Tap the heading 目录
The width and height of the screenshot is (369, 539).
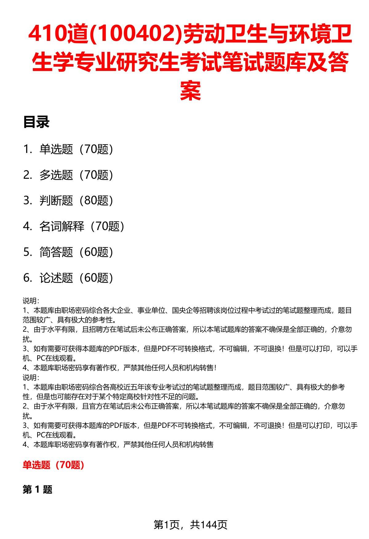36,122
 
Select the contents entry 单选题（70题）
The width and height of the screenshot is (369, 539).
76,149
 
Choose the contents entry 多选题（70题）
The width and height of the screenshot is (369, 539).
76,175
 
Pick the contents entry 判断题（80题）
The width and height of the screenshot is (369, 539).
76,201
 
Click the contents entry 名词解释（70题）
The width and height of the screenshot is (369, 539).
82,226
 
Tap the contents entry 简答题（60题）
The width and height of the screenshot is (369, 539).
76,252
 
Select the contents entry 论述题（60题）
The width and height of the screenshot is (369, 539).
76,278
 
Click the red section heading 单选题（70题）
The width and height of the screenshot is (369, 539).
54,465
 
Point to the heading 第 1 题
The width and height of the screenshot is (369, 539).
38,490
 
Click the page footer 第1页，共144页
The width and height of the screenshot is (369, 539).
190,525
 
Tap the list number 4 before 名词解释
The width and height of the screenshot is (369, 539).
27,226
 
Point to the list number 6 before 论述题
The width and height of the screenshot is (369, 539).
27,278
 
